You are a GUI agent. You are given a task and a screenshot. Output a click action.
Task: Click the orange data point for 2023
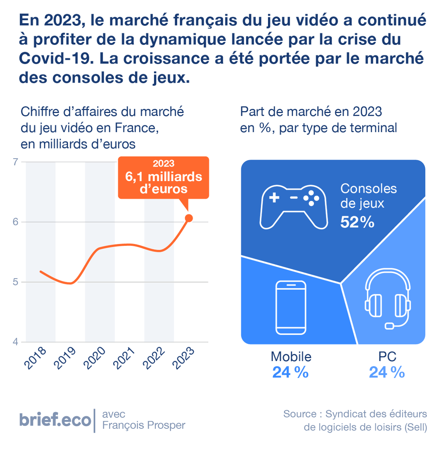189,218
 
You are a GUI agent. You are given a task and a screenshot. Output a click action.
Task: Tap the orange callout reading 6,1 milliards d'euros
163,177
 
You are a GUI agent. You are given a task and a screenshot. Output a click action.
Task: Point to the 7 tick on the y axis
15,162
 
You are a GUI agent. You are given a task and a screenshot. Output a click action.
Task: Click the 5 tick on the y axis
15,282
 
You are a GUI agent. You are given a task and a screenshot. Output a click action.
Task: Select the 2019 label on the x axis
65,358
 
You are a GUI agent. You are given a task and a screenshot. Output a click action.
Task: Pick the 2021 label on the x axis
124,358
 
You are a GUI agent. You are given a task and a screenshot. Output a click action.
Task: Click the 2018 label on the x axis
35,358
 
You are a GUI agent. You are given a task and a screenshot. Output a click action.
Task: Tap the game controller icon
294,207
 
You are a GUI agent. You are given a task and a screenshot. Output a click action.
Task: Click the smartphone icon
291,307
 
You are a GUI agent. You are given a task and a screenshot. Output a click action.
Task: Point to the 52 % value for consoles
357,222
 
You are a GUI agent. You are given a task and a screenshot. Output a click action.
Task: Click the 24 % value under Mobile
290,372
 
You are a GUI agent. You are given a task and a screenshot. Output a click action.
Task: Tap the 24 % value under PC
387,372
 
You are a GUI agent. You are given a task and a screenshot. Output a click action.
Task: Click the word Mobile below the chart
291,356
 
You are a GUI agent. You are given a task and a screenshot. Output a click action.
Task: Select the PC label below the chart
387,356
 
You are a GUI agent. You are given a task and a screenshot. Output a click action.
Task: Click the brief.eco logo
55,420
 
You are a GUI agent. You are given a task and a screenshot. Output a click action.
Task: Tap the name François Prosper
144,425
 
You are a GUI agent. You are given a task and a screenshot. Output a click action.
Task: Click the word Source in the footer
300,414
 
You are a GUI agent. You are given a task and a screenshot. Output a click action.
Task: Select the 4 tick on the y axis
15,342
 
